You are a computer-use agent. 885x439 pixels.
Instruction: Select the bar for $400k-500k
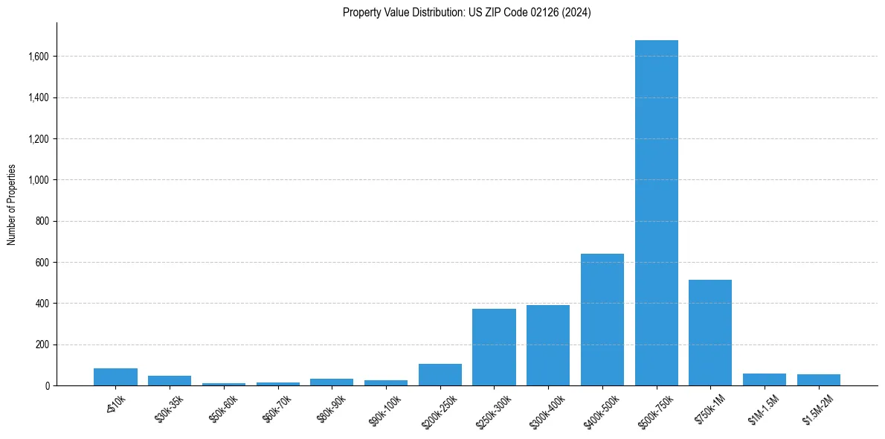tap(602, 320)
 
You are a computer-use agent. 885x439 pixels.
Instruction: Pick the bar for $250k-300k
tap(494, 347)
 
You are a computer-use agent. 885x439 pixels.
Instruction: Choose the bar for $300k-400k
tap(548, 345)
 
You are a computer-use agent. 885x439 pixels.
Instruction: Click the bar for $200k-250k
tap(440, 375)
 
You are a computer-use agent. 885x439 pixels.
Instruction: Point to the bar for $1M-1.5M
tap(765, 379)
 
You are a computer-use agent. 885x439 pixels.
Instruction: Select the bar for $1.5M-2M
tap(818, 380)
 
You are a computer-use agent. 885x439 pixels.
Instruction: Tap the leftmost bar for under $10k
tap(115, 377)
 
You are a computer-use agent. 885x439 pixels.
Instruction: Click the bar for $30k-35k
tap(170, 381)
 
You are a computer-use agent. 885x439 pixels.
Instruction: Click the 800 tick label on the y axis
tap(43, 222)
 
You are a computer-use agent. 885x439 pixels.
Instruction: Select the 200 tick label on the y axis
tap(43, 345)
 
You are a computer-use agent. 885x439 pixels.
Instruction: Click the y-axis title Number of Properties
tap(12, 205)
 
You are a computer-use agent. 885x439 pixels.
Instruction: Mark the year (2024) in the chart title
tap(578, 13)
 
